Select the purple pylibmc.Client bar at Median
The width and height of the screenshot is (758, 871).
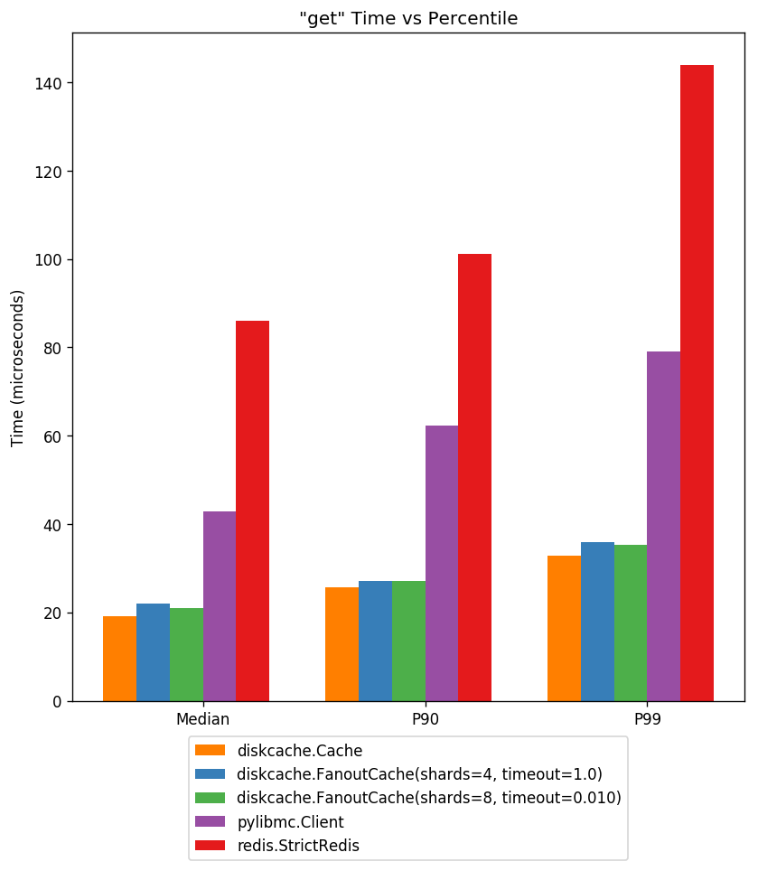tap(220, 606)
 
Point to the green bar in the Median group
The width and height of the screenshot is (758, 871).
tap(186, 655)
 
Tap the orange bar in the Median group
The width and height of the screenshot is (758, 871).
tap(119, 659)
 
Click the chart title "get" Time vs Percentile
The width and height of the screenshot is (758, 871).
tap(408, 19)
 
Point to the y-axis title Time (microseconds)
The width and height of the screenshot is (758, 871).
tap(17, 368)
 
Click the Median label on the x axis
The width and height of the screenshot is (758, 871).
tap(202, 720)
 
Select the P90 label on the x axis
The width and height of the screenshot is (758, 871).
tap(425, 720)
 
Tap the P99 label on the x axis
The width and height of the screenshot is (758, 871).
tap(647, 720)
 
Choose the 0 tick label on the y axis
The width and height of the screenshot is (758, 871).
tap(56, 702)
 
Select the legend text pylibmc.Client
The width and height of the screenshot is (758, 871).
tap(290, 822)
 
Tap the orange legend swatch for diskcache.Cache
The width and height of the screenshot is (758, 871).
tap(210, 750)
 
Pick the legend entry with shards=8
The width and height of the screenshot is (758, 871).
tap(429, 798)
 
